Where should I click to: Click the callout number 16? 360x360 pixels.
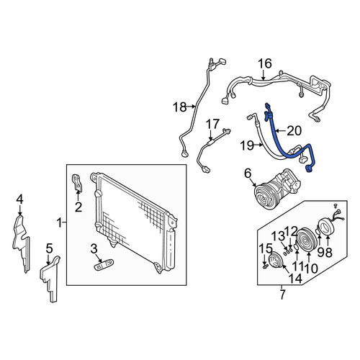265,63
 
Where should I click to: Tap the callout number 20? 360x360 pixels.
294,131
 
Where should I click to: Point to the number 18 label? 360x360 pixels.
180,107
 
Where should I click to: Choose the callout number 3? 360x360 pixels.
94,249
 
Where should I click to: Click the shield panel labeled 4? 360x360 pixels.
21,243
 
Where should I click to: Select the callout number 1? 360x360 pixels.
59,223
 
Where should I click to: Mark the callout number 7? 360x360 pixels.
282,294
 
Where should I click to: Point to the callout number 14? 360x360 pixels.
295,278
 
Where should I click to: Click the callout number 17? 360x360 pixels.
212,124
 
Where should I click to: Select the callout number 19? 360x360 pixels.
247,145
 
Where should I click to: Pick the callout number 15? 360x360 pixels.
266,248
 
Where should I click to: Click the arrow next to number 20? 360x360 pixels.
281,131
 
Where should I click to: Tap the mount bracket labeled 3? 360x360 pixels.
104,265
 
